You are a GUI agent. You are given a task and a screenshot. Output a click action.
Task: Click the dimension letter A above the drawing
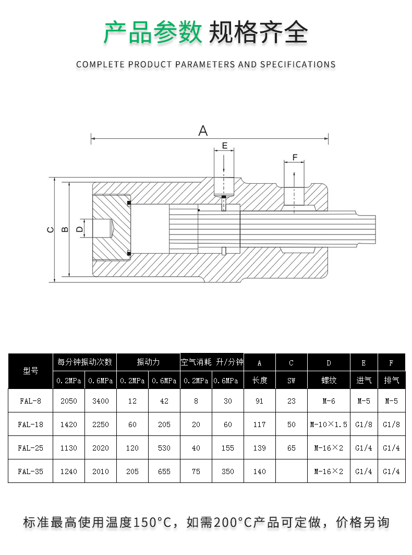(203, 131)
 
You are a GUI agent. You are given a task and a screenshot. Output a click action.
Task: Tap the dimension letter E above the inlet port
(225, 146)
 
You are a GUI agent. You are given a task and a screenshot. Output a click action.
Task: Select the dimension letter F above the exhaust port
(295, 157)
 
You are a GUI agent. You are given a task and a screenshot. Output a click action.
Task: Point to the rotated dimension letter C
(50, 229)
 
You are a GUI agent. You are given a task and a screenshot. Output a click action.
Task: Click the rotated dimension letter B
(65, 229)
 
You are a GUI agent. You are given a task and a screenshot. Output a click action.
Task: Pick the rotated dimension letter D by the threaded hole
(79, 229)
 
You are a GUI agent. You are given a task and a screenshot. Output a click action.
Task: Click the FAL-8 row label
(30, 402)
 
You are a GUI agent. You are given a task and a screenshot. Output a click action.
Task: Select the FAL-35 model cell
(30, 471)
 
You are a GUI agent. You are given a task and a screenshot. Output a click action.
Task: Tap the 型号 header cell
(31, 371)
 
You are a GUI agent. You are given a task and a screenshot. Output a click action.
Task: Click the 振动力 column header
(148, 362)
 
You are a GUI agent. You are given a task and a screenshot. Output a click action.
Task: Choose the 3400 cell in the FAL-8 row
(100, 402)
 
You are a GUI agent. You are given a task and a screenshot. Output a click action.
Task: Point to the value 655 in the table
(164, 471)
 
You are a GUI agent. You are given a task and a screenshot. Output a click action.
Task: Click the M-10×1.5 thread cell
(329, 425)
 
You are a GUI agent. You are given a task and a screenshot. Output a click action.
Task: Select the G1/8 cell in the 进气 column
(363, 425)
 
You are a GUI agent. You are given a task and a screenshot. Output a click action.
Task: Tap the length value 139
(260, 448)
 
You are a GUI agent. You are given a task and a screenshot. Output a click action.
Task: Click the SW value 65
(292, 448)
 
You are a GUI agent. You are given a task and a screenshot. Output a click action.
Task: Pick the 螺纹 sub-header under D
(329, 381)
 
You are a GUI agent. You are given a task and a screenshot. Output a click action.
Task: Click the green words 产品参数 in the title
(153, 33)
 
